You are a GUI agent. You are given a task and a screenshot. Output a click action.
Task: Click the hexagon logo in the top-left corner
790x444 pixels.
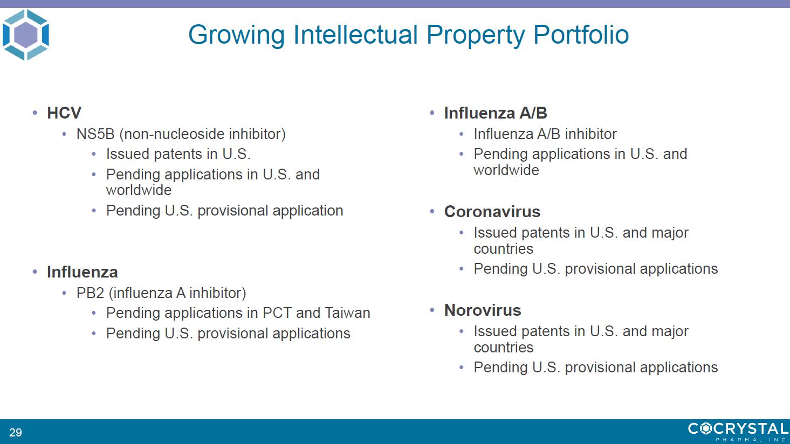click(x=26, y=34)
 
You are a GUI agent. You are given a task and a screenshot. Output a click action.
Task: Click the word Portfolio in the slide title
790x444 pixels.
click(x=581, y=34)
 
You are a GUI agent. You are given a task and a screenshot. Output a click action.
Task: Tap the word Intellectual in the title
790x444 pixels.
click(x=355, y=34)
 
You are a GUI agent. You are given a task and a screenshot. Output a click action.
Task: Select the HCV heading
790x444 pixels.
click(x=64, y=113)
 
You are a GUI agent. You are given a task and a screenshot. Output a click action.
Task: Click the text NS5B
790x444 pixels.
click(x=95, y=134)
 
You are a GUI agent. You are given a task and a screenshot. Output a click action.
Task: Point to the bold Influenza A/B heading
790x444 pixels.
click(x=496, y=113)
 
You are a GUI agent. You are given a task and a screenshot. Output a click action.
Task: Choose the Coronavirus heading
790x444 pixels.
click(x=492, y=212)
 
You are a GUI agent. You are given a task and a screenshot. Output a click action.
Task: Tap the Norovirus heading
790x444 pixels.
click(x=483, y=310)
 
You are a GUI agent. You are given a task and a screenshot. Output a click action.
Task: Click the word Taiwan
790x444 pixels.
click(x=347, y=313)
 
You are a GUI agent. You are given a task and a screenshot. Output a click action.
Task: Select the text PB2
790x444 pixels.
click(x=90, y=293)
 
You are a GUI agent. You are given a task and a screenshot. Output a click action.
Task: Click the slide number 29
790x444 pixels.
click(x=16, y=432)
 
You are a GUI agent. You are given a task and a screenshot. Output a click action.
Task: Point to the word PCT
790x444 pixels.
click(x=277, y=313)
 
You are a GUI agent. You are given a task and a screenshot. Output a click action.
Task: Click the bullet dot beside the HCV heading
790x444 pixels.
click(x=35, y=113)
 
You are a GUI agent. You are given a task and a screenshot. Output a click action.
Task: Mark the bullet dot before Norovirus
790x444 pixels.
click(x=432, y=310)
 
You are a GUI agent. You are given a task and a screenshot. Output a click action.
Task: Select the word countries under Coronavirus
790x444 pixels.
click(x=503, y=249)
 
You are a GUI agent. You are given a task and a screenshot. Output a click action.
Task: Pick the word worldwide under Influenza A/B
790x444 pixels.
click(x=506, y=170)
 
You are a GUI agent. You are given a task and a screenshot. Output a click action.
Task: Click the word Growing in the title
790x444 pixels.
click(x=236, y=35)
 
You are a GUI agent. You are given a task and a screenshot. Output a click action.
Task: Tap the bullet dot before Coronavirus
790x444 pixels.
click(x=432, y=212)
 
